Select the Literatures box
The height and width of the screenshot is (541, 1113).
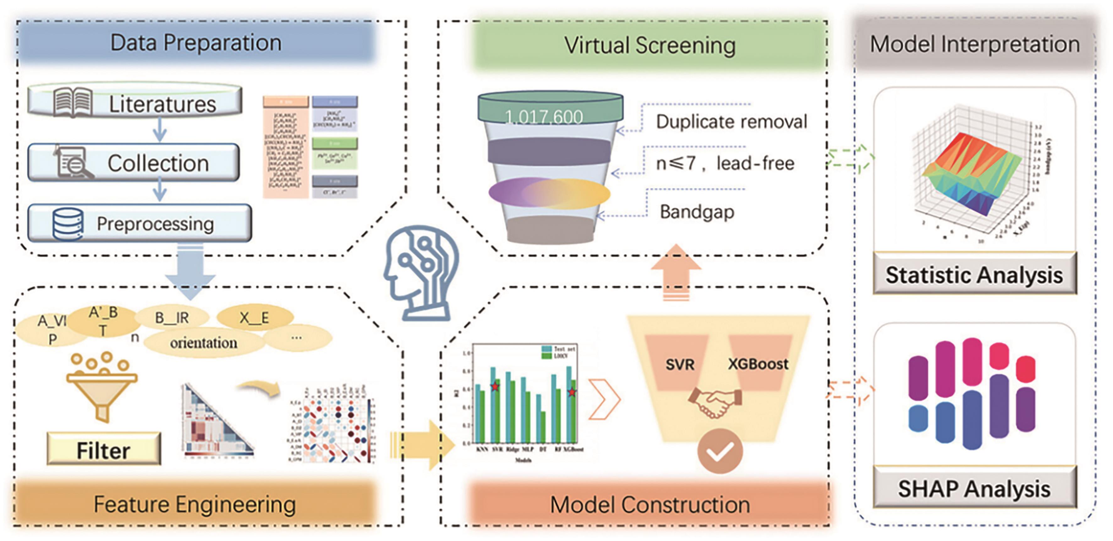click(135, 103)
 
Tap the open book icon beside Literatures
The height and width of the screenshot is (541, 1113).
click(73, 102)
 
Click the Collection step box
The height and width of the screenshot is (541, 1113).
click(134, 163)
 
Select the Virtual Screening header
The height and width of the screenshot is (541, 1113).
click(649, 45)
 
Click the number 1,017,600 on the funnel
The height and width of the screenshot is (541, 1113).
click(543, 117)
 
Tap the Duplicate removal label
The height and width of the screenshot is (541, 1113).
click(731, 122)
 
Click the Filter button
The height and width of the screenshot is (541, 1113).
click(104, 450)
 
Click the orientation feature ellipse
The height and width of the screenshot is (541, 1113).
click(204, 343)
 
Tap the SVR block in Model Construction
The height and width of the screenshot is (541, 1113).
click(679, 364)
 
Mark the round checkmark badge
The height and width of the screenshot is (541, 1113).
click(720, 451)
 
